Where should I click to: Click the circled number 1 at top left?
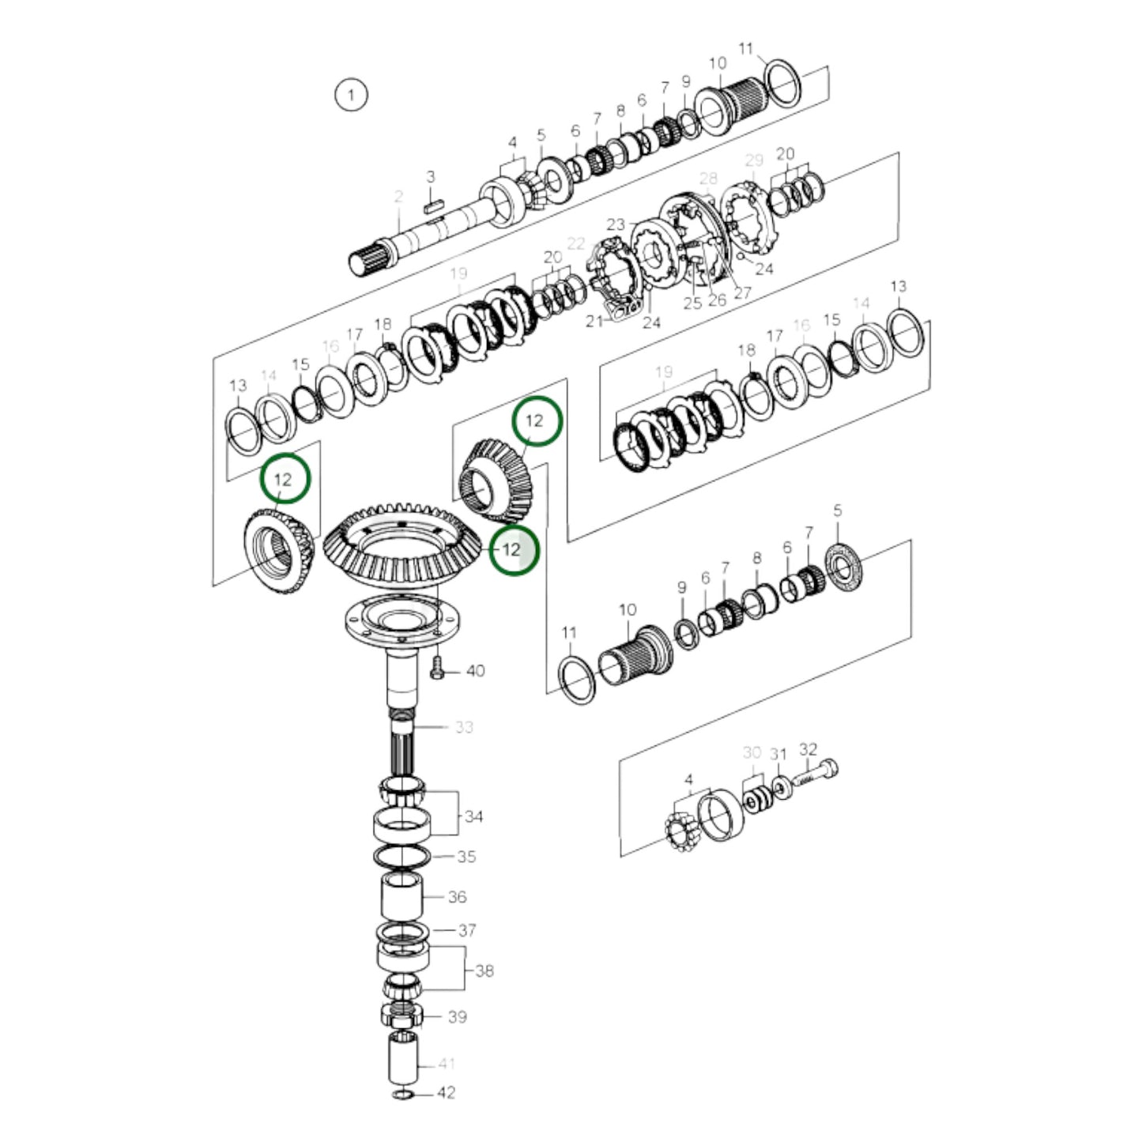tap(351, 95)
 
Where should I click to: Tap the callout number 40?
tap(475, 671)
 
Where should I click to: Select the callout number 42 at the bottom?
tap(447, 1093)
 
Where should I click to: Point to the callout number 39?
tap(458, 1016)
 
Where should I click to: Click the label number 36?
tap(458, 897)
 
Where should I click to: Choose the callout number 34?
tap(473, 816)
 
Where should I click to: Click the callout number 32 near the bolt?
tap(808, 748)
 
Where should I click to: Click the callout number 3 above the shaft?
tap(431, 176)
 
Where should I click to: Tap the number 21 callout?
tap(594, 320)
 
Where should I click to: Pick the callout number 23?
tap(616, 224)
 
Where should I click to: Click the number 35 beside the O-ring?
tap(466, 857)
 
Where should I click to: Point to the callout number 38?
tap(484, 970)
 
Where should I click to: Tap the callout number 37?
tap(467, 930)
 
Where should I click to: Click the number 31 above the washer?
tap(778, 755)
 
